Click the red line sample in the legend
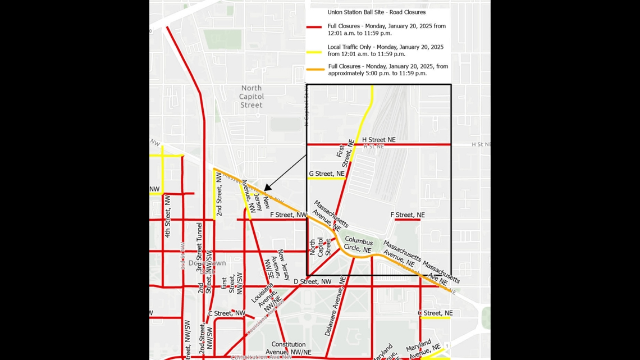click(314, 26)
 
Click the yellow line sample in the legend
click(314, 52)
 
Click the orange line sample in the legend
click(316, 70)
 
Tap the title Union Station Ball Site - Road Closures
click(376, 12)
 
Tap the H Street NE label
click(378, 139)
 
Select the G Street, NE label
click(327, 174)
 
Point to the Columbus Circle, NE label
click(358, 245)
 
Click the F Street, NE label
click(408, 215)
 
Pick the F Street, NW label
click(288, 215)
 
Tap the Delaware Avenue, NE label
click(335, 306)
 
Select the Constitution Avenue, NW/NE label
click(289, 348)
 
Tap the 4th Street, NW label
click(167, 216)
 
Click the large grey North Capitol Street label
click(252, 96)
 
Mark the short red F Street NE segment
click(407, 220)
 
